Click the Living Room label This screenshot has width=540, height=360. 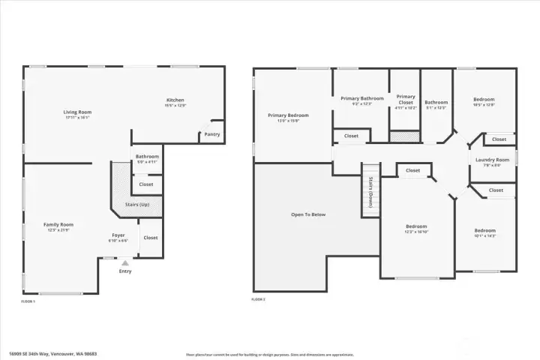coord(77,112)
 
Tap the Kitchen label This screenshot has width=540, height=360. coord(175,100)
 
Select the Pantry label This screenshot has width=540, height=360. coord(212,135)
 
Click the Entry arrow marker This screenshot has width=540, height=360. coord(125,263)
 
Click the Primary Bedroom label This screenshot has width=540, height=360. coord(288,115)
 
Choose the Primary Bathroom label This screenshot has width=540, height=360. coord(361,98)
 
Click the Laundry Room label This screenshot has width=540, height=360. coord(492,160)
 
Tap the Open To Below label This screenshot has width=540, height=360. coord(308,214)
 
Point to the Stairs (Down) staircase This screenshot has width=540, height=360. coord(370,191)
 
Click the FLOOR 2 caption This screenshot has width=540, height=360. coord(259,299)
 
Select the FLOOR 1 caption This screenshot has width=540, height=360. coord(28,301)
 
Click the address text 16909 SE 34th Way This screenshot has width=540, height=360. coord(52,353)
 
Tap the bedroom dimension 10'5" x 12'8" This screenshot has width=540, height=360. coord(484,105)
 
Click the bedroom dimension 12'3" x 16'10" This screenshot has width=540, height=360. coord(416,232)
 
